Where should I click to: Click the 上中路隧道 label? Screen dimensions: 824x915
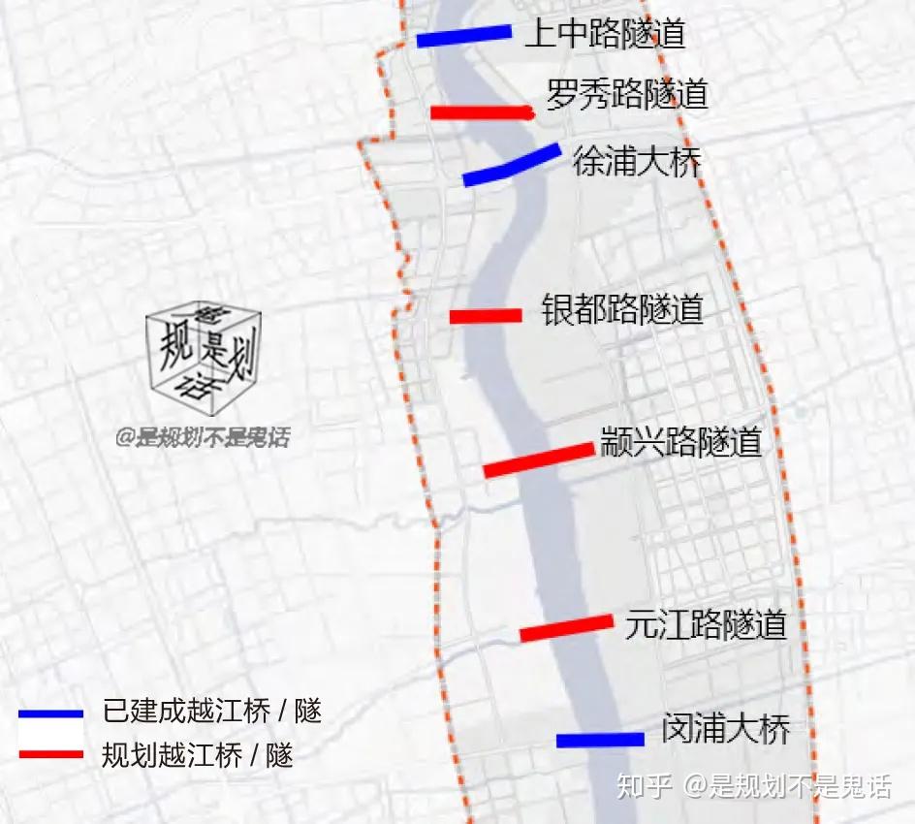point(605,35)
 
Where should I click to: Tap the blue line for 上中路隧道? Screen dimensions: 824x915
point(463,36)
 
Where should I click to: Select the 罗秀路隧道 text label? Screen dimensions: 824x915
point(627,95)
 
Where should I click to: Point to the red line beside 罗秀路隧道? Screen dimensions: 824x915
point(482,112)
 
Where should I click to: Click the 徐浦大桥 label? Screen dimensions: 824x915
point(637,161)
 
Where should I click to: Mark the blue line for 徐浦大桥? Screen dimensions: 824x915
point(511,165)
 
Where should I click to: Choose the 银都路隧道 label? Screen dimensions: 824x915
point(622,310)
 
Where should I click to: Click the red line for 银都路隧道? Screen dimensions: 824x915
point(486,316)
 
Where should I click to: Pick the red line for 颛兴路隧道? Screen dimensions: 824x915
point(538,460)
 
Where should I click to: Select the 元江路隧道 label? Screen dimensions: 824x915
point(706,624)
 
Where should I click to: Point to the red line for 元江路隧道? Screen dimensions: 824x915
point(566,628)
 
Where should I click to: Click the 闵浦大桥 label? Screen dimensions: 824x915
point(726,729)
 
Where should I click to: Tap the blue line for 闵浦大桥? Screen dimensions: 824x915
point(600,740)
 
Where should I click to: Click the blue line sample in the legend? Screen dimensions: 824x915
point(50,714)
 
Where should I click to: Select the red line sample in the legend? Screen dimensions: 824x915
point(50,753)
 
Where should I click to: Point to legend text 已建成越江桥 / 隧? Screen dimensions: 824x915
point(211,713)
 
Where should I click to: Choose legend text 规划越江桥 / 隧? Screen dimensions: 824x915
point(198,754)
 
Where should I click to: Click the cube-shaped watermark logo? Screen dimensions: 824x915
point(204,352)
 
